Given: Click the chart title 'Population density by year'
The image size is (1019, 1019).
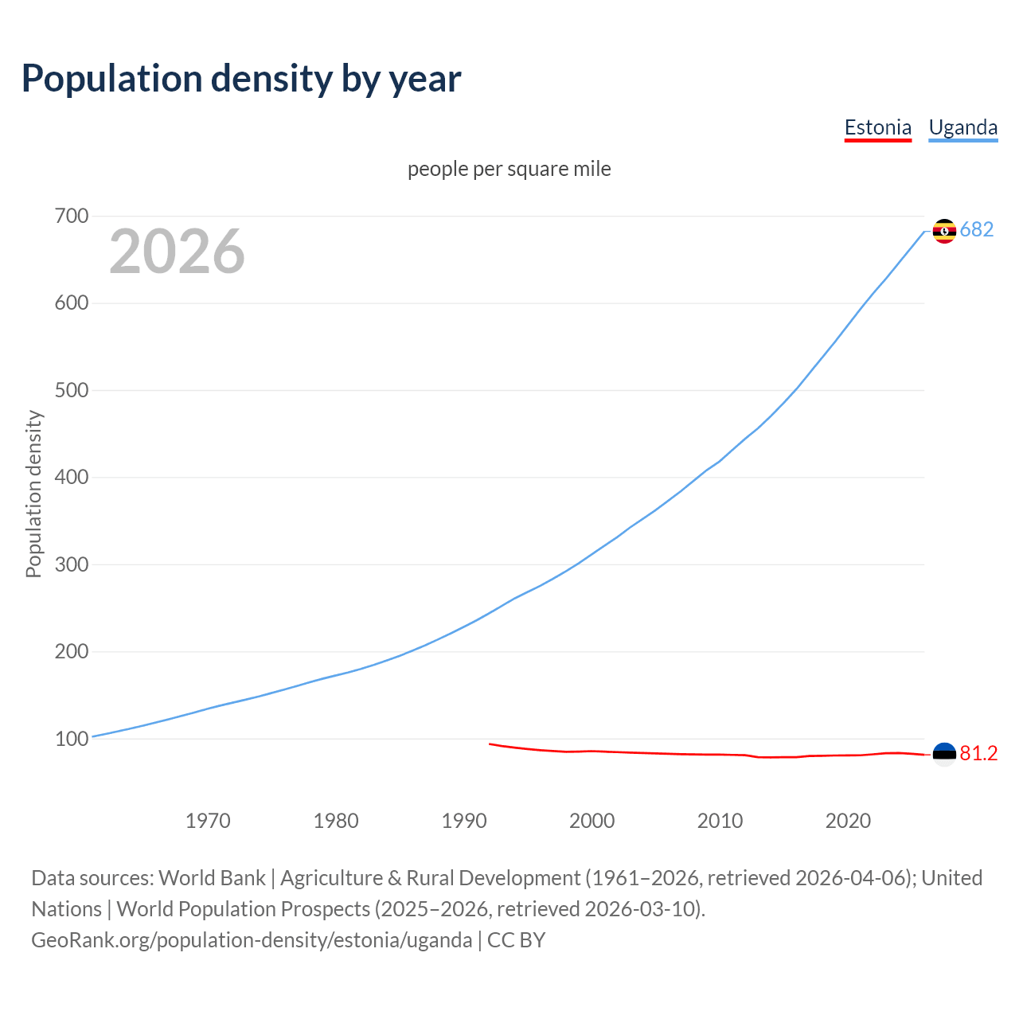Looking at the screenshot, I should (241, 78).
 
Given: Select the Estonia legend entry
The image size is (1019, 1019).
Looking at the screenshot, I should (877, 127).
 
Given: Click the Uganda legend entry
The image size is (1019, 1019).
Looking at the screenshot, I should (962, 127).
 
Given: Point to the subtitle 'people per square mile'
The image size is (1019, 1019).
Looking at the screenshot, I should (509, 169).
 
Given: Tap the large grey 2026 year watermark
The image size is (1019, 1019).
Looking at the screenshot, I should (177, 252).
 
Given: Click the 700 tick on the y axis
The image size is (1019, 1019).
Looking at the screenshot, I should (72, 216).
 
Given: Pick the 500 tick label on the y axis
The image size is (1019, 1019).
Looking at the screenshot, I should (72, 390).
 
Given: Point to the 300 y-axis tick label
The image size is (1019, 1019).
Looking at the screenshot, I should (72, 564).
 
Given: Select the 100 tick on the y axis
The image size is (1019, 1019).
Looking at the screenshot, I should (72, 739).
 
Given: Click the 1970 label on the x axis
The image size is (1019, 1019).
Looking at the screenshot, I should (208, 821).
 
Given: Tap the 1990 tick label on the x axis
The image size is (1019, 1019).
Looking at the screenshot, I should (464, 821).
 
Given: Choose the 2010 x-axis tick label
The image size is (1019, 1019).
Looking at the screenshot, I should (720, 821).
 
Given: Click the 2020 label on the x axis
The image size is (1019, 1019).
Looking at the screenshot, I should (848, 821).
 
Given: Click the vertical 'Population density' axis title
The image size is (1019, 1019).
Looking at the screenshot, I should (33, 494).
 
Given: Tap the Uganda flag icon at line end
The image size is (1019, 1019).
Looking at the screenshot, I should (944, 231).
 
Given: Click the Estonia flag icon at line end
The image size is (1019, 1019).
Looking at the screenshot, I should (944, 754).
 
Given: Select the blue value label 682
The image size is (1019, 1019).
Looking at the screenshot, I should (977, 230).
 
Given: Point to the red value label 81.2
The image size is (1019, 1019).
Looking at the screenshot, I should (978, 754).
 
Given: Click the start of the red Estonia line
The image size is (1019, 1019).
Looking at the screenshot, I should (490, 744).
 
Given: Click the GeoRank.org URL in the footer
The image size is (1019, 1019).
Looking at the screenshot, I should (252, 940).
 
